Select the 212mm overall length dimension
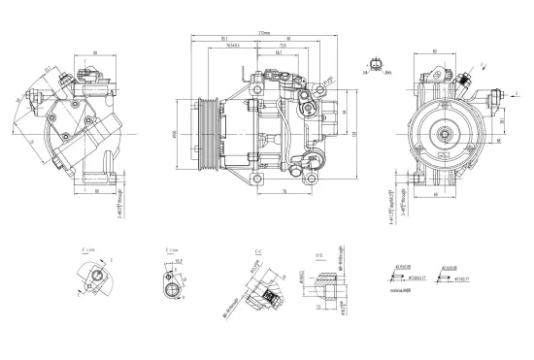[x=264, y=32]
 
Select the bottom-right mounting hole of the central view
[x=314, y=175]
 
